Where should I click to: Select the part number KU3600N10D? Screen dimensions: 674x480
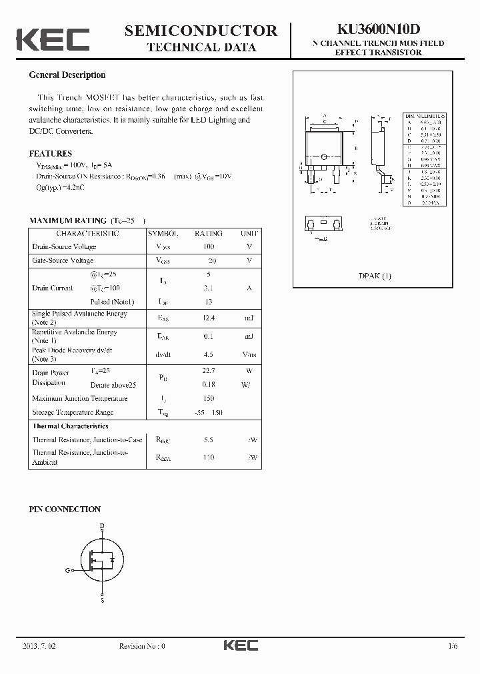(378, 30)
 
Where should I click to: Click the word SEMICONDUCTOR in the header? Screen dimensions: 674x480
(201, 31)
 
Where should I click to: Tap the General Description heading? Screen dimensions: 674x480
(67, 75)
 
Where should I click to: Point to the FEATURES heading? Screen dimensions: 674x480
(51, 154)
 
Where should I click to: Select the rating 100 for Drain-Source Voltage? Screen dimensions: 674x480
(208, 246)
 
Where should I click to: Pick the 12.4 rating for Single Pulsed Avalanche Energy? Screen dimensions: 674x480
(208, 318)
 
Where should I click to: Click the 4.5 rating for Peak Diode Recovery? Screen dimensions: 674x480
(208, 354)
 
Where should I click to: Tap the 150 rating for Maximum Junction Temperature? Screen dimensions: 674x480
(208, 398)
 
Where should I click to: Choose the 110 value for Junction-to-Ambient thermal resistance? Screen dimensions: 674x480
(208, 458)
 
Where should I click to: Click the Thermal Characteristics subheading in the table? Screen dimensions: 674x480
(70, 426)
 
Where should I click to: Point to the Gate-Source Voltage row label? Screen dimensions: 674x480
(63, 260)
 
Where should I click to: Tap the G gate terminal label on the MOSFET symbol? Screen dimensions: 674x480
(67, 570)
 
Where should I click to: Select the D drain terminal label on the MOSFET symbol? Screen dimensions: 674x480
(102, 526)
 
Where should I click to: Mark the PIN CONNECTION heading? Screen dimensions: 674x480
(65, 509)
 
